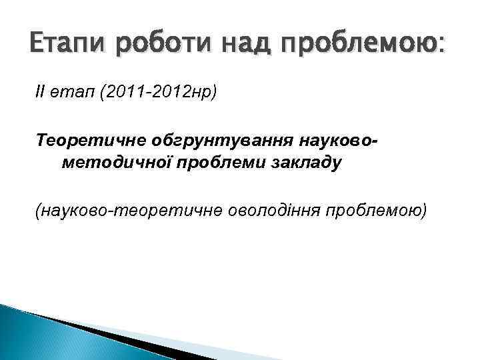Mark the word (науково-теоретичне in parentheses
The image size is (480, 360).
121,211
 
